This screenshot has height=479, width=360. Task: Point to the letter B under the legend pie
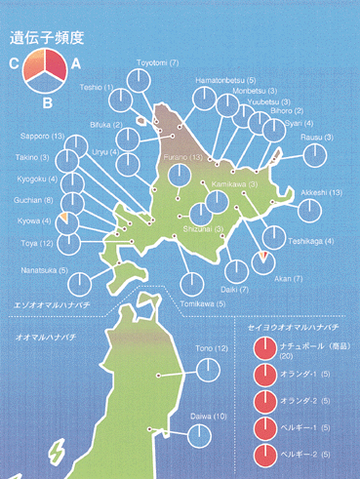[46, 100]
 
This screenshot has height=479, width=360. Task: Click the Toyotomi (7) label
[157, 62]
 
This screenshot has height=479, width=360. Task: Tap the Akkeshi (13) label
[321, 193]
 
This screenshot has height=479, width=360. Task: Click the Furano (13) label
[182, 157]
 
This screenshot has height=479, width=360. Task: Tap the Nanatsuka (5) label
[42, 269]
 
